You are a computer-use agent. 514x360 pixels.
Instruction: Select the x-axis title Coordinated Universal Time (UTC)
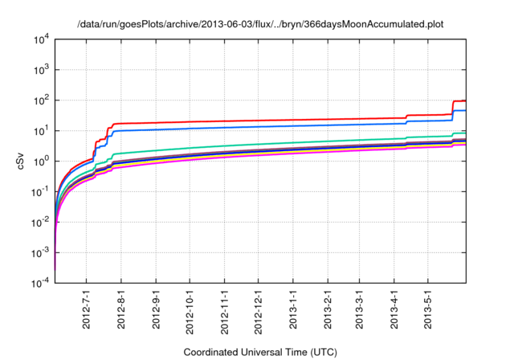pyautogui.click(x=259, y=352)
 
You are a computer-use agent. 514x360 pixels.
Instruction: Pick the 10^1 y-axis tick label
pyautogui.click(x=41, y=131)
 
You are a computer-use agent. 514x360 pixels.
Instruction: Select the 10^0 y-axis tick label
pyautogui.click(x=41, y=162)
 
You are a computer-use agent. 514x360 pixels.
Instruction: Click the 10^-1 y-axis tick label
pyautogui.click(x=41, y=192)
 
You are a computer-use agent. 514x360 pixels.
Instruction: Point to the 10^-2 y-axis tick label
pyautogui.click(x=41, y=223)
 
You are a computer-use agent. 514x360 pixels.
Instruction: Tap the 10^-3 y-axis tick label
pyautogui.click(x=41, y=253)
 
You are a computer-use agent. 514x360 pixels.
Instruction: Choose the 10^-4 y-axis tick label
pyautogui.click(x=41, y=284)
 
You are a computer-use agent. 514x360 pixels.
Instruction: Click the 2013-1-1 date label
pyautogui.click(x=293, y=309)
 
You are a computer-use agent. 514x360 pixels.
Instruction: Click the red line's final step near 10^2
pyautogui.click(x=459, y=101)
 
